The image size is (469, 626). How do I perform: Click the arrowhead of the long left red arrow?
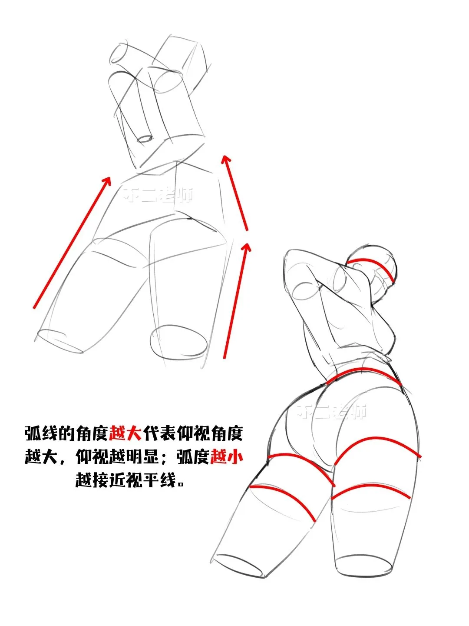(106, 179)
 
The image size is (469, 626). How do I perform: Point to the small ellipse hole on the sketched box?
(145, 140)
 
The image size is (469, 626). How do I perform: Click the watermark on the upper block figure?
(158, 194)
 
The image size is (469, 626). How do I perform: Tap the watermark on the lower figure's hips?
(332, 411)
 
